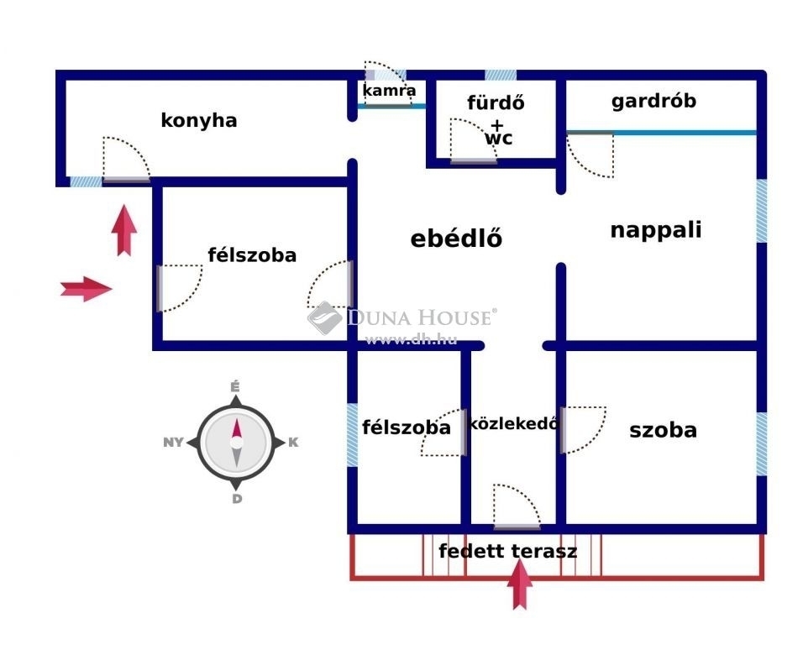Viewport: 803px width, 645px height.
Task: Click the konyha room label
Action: (199, 121)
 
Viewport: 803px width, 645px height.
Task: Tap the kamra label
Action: (389, 91)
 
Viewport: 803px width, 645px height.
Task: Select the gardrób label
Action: (653, 101)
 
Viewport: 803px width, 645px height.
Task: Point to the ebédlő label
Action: (456, 238)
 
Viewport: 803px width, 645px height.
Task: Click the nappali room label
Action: (655, 230)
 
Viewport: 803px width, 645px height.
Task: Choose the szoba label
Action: (664, 430)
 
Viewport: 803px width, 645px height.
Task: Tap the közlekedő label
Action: (512, 423)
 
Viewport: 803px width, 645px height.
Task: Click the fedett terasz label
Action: (507, 551)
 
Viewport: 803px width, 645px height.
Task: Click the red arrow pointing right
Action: (86, 289)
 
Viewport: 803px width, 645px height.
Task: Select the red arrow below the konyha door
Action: (124, 230)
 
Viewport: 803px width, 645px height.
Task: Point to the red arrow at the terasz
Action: (520, 584)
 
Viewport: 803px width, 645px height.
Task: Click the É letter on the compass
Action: (235, 387)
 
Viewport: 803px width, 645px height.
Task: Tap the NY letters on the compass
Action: (173, 443)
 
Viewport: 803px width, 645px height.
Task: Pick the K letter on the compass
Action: (293, 443)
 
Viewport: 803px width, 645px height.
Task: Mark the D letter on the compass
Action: (237, 499)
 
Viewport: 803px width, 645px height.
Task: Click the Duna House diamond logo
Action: (325, 318)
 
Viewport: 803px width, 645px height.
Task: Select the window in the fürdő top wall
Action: (501, 76)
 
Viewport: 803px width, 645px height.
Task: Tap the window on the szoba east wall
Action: (762, 444)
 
